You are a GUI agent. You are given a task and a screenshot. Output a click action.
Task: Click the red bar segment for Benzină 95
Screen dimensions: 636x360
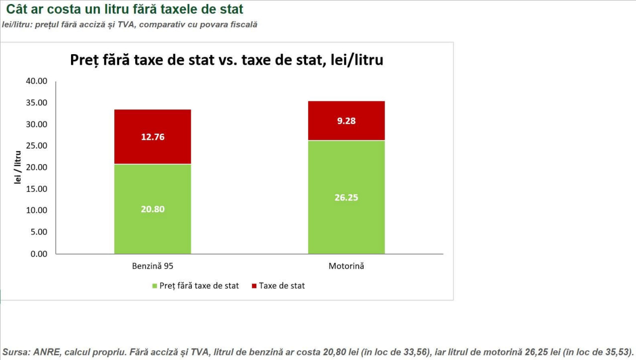point(153,137)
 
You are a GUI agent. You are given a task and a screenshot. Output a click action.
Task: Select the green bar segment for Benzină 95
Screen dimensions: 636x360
point(153,209)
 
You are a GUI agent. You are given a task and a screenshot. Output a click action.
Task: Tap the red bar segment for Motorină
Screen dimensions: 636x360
point(346,121)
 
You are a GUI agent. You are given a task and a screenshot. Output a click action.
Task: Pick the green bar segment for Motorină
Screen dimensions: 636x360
point(346,197)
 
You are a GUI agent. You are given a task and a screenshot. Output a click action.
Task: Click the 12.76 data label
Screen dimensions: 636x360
point(153,137)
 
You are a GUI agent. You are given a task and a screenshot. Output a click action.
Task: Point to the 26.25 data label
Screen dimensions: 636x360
point(346,197)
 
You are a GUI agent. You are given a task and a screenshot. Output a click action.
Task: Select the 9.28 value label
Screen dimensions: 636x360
point(346,121)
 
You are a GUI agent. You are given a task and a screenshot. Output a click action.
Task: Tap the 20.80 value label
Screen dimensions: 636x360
point(153,209)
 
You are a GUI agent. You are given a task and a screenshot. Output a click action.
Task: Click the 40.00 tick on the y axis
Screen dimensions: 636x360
point(37,81)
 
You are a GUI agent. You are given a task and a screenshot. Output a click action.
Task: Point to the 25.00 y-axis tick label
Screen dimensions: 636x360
point(37,146)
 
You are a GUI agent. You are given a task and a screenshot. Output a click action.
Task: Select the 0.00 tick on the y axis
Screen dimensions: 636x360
point(39,254)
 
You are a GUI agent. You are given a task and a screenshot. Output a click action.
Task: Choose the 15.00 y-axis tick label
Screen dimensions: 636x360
point(37,189)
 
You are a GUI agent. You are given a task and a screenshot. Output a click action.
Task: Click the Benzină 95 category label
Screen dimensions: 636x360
point(153,266)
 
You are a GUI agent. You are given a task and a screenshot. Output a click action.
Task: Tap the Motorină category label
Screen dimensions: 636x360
point(346,266)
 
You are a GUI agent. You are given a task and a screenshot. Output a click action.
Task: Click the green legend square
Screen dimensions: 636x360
point(155,286)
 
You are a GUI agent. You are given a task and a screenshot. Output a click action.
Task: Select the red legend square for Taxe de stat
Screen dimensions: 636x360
point(254,286)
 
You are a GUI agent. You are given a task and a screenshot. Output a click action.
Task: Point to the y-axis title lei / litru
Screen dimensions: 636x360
point(17,168)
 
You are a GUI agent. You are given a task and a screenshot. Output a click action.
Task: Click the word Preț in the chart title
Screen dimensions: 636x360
point(84,60)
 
